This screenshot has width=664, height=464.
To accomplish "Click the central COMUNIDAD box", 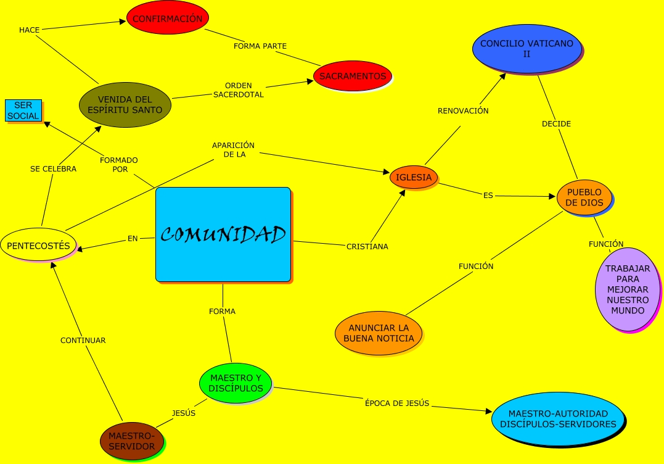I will pyautogui.click(x=223, y=234).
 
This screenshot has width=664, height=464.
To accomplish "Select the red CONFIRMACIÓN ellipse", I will pyautogui.click(x=166, y=19).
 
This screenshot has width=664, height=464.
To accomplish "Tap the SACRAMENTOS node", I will pyautogui.click(x=353, y=76).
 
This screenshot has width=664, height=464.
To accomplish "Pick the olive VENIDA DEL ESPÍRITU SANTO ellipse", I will pyautogui.click(x=125, y=105).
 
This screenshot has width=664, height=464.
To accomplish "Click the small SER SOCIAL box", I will pyautogui.click(x=23, y=111).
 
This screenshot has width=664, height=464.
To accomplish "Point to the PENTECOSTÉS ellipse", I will pyautogui.click(x=38, y=245).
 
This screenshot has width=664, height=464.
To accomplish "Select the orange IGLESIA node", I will pyautogui.click(x=414, y=177).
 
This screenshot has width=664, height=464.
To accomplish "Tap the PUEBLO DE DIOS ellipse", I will pyautogui.click(x=584, y=197).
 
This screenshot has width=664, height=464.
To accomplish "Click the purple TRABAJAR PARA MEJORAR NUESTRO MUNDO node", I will pyautogui.click(x=627, y=289).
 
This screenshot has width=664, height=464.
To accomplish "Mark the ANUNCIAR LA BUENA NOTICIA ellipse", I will pyautogui.click(x=379, y=333).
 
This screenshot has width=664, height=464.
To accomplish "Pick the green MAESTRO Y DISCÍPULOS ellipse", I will pyautogui.click(x=236, y=383).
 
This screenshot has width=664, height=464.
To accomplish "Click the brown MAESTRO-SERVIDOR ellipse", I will pyautogui.click(x=132, y=441).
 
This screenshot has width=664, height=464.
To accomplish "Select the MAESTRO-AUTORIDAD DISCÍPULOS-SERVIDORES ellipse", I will pyautogui.click(x=558, y=418).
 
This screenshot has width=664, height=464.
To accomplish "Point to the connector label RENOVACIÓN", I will pyautogui.click(x=463, y=111).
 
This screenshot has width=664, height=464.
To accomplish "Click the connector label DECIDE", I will pyautogui.click(x=556, y=124).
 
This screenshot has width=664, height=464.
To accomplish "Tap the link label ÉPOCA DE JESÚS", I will pyautogui.click(x=397, y=404).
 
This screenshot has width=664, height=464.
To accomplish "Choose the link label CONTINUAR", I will pyautogui.click(x=83, y=340).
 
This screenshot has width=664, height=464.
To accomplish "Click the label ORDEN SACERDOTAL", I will pyautogui.click(x=238, y=90).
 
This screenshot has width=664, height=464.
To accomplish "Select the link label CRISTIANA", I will pyautogui.click(x=367, y=246).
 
